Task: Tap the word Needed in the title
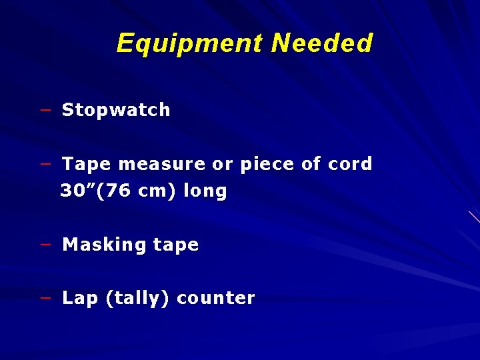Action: coord(322,44)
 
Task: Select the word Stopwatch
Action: coord(116,110)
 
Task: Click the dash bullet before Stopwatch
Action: coord(45,109)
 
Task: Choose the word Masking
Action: coord(104,245)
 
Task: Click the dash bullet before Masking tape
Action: coord(45,244)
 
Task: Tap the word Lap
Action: coord(80,298)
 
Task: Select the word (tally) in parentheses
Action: coord(137,298)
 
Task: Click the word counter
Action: coord(215,298)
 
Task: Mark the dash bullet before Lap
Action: coord(45,297)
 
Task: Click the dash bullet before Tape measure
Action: coord(45,163)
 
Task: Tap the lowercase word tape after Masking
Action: coord(175,245)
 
